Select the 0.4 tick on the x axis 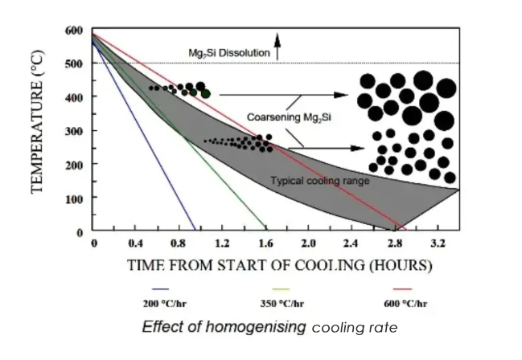(x=138, y=243)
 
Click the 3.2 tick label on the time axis (x=438, y=243)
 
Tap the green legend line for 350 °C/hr (x=281, y=288)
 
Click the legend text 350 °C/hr (x=281, y=303)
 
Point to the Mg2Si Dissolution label (x=228, y=53)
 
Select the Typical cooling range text (x=320, y=181)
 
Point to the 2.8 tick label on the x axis (x=394, y=243)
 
